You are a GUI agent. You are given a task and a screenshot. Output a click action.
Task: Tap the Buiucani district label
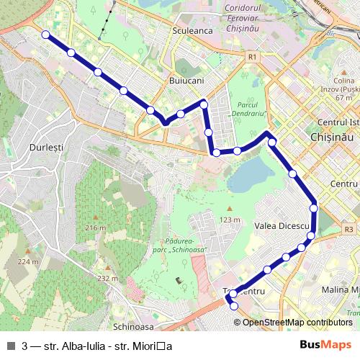click(186, 81)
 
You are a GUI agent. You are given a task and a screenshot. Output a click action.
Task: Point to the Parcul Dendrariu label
click(249, 109)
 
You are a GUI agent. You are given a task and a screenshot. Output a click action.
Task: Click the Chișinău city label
click(332, 135)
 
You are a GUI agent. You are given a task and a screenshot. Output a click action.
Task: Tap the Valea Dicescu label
click(282, 226)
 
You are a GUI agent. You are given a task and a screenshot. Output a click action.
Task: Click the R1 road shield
click(251, 55)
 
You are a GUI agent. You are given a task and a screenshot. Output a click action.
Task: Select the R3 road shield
click(349, 230)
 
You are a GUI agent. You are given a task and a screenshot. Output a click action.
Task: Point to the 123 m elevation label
click(230, 220)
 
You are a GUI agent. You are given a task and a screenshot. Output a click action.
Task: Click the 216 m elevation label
click(95, 228)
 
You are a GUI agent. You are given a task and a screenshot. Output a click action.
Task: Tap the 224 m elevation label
click(28, 261)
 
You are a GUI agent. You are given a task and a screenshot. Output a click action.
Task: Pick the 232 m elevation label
click(107, 278)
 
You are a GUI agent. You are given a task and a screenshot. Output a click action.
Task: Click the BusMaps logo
click(328, 345)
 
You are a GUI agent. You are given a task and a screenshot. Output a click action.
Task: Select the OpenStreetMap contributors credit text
click(297, 322)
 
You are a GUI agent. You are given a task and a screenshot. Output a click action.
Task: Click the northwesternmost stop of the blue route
click(45, 35)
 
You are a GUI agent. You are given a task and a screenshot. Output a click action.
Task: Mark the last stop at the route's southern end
click(234, 306)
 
